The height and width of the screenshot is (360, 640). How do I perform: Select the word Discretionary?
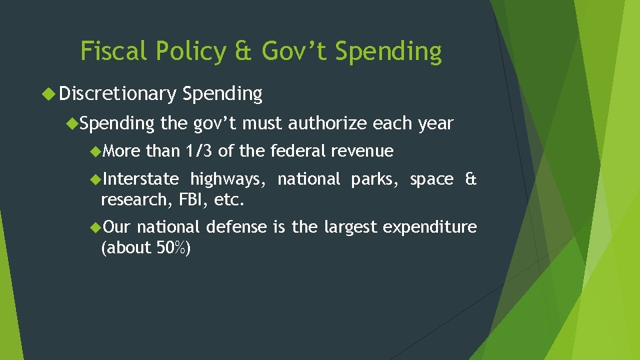pyautogui.click(x=117, y=94)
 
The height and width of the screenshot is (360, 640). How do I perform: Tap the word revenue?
pyautogui.click(x=365, y=151)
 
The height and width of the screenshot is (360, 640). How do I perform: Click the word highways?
pyautogui.click(x=229, y=179)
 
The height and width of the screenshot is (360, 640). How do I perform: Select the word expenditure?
pyautogui.click(x=430, y=227)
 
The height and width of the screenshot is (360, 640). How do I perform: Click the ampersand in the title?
pyautogui.click(x=244, y=51)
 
